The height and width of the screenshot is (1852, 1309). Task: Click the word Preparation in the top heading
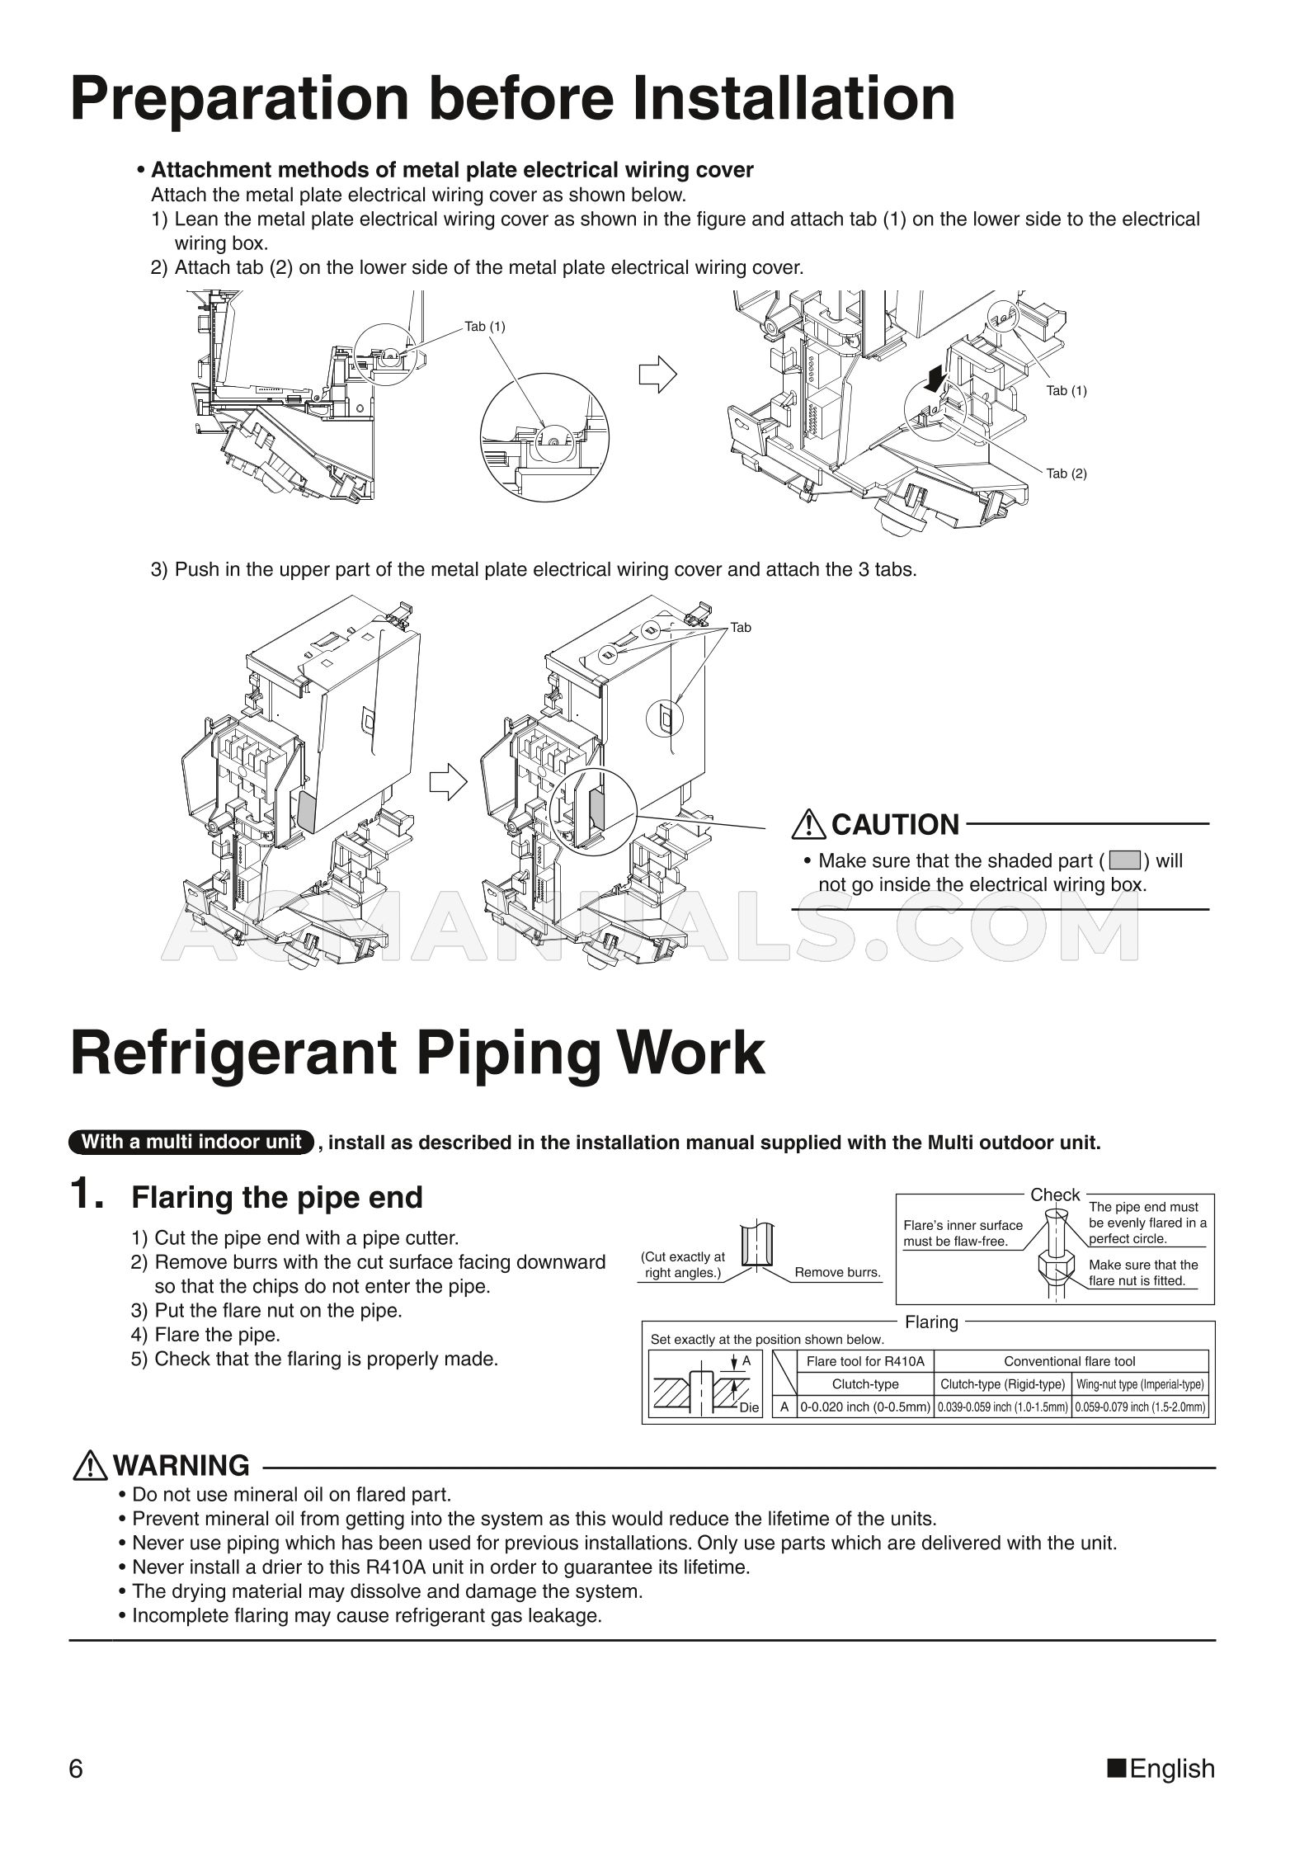tap(239, 99)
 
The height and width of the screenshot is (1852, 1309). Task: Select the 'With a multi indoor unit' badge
tap(192, 1143)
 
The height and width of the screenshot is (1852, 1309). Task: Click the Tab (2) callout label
tap(1067, 474)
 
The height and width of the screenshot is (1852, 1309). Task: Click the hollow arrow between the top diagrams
tap(657, 375)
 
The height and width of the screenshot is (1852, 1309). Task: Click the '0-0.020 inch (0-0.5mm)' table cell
tap(865, 1407)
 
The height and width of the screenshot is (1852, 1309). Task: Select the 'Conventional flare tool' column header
tap(1070, 1361)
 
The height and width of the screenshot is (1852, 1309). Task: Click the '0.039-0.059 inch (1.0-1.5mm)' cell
tap(1003, 1407)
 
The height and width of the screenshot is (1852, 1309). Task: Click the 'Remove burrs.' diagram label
tap(837, 1272)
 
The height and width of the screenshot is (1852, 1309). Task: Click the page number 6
tap(76, 1769)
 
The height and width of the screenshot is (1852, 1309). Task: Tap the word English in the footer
tap(1172, 1769)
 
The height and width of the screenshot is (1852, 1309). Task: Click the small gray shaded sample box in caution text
tap(1124, 861)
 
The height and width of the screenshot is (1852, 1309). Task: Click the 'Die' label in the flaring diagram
tap(748, 1408)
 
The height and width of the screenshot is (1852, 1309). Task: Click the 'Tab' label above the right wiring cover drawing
tap(741, 628)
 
